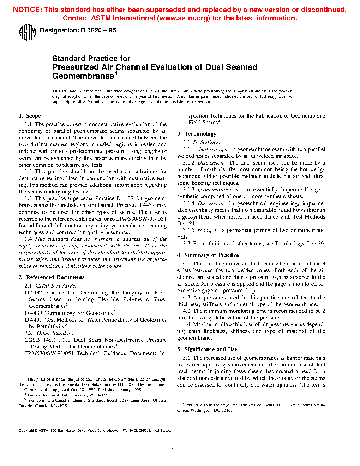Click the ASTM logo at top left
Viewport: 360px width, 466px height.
pyautogui.click(x=27, y=32)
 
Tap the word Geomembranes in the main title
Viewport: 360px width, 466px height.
pyautogui.click(x=83, y=76)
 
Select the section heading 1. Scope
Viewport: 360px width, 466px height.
pyautogui.click(x=30, y=116)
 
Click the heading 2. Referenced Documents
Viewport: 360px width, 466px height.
pyautogui.click(x=52, y=277)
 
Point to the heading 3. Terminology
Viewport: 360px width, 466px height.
pyautogui.click(x=197, y=134)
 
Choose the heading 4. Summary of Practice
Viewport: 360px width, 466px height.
pyautogui.click(x=208, y=255)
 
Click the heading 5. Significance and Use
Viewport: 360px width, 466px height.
pyautogui.click(x=207, y=349)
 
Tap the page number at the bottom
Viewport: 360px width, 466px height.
pyautogui.click(x=172, y=447)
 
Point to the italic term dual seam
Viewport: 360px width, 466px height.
pyautogui.click(x=210, y=149)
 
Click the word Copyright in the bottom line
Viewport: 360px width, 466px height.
pyautogui.click(x=26, y=431)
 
